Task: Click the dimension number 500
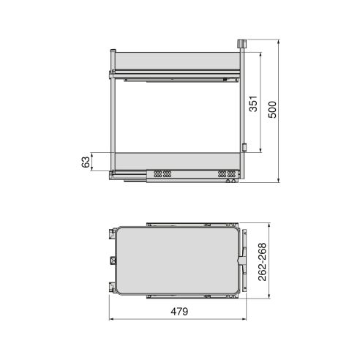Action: [x=273, y=111]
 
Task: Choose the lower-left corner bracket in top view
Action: [x=113, y=287]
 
